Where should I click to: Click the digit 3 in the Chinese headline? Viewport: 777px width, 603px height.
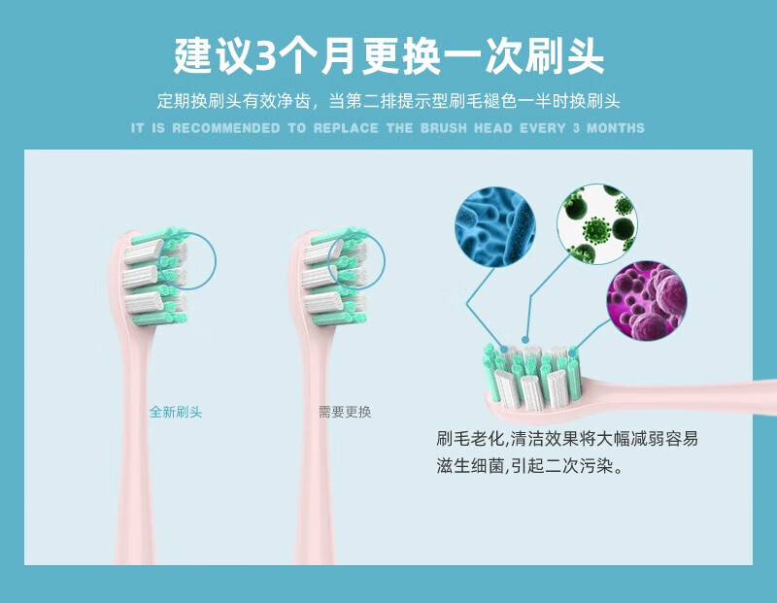266,56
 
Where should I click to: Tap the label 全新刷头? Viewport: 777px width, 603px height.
176,412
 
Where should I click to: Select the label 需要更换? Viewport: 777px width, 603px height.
345,412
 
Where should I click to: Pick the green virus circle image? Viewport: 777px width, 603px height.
596,224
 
